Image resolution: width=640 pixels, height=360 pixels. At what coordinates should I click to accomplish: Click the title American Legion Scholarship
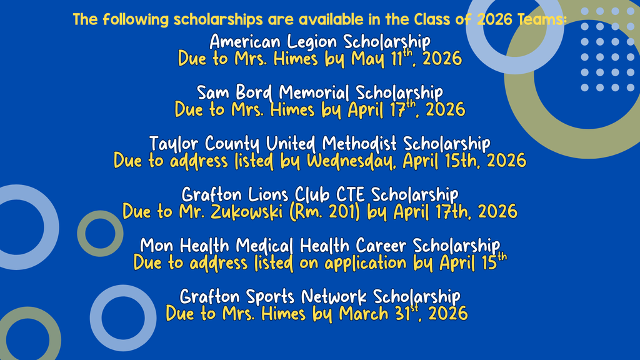click(319, 42)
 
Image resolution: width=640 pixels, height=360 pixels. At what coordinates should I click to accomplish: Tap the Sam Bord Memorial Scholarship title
click(319, 92)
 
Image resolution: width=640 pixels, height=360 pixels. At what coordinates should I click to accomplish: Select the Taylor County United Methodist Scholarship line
click(319, 143)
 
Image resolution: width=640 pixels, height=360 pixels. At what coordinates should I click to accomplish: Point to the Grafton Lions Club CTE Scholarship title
click(319, 194)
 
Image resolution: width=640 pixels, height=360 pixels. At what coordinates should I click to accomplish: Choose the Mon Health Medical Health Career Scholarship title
click(319, 244)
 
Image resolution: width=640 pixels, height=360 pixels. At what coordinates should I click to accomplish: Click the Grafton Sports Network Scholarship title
click(319, 296)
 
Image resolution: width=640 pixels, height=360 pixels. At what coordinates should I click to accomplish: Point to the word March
click(362, 312)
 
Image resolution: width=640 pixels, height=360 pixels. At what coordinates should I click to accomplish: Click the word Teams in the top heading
click(541, 19)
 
